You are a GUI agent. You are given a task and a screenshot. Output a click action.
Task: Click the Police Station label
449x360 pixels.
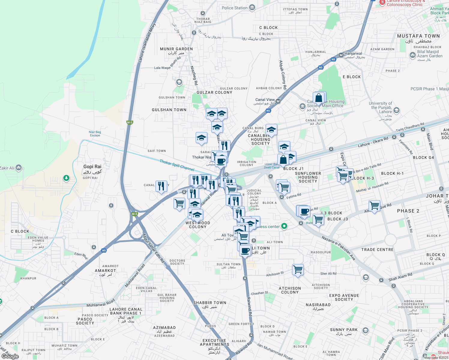tap(235, 8)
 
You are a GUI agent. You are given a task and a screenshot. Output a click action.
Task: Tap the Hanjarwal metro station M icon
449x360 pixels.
tap(341, 55)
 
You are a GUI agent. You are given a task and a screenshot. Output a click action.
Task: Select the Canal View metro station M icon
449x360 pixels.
tap(278, 101)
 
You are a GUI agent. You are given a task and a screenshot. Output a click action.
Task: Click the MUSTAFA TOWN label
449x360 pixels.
tap(418, 36)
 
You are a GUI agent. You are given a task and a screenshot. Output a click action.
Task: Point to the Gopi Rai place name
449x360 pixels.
tap(92, 166)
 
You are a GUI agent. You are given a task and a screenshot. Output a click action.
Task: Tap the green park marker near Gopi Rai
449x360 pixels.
tap(66, 178)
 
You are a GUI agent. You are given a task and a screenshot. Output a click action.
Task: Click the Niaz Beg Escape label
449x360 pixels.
tap(95, 133)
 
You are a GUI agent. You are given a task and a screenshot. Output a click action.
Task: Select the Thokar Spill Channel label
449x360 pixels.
tap(177, 165)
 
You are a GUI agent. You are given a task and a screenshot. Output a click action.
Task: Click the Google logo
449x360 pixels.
tap(10, 356)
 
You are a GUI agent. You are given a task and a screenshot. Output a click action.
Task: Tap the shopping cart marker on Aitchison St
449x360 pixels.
tap(298, 269)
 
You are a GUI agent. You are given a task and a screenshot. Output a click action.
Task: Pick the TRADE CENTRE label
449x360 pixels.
tap(377, 250)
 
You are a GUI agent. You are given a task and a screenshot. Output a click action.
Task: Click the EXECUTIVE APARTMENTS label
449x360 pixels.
tap(214, 342)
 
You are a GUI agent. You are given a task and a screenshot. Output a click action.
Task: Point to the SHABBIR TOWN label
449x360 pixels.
tap(209, 303)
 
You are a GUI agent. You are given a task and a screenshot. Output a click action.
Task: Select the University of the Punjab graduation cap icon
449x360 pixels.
tap(396, 110)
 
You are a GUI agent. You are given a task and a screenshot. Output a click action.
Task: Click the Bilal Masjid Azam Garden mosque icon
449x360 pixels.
tap(412, 55)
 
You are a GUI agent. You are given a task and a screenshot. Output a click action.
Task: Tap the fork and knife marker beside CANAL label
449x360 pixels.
tap(161, 186)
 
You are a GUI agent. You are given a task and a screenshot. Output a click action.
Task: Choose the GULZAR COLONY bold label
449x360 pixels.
tap(214, 92)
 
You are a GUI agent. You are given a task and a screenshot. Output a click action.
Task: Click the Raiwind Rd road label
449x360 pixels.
tap(249, 306)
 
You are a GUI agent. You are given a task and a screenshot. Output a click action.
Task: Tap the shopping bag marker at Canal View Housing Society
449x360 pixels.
tap(319, 98)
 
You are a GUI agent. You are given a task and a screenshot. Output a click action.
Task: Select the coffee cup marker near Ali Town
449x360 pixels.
tap(245, 250)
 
